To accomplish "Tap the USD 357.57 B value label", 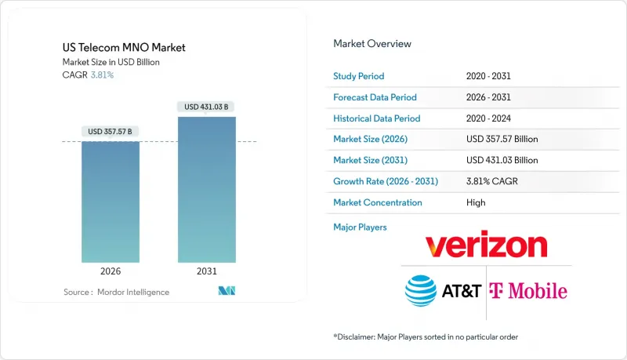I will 111,131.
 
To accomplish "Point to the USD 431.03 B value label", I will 206,107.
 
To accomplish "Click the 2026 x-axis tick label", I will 111,271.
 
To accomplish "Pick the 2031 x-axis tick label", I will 206,271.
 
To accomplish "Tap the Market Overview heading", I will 372,44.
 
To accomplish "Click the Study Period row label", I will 360,76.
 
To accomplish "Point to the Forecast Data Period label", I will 375,97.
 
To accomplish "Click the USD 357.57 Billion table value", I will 502,139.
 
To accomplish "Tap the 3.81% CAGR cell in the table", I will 491,181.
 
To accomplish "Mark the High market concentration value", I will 475,202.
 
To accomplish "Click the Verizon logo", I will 486,245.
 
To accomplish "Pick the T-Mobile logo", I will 527,291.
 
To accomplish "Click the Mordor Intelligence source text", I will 115,293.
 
